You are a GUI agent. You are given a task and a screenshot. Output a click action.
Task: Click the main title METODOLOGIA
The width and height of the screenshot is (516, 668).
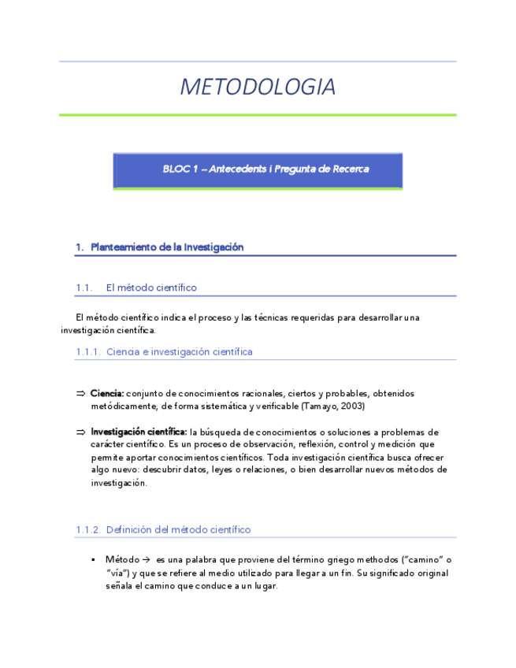tap(258, 87)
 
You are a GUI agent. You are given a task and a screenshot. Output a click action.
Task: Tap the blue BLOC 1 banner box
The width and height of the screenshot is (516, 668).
tap(258, 170)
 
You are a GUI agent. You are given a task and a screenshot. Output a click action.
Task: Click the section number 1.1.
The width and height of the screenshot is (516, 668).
tap(84, 288)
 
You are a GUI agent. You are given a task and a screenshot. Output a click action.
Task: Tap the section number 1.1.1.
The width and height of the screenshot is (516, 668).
tap(87, 352)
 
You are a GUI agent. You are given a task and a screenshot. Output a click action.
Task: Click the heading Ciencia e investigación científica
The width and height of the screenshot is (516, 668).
tap(179, 352)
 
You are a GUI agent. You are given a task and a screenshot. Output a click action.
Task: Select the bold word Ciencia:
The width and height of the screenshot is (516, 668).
tap(107, 393)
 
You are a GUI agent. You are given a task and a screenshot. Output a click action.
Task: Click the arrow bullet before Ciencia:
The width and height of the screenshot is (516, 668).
tap(80, 393)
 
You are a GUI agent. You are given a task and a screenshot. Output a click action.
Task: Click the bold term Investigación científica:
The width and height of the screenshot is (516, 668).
tap(139, 432)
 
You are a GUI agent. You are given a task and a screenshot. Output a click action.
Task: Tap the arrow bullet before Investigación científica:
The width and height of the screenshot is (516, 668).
tap(80, 432)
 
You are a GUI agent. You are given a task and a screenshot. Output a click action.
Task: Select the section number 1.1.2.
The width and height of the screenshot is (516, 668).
tap(87, 530)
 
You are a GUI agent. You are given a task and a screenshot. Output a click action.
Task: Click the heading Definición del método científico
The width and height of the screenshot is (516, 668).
tap(178, 530)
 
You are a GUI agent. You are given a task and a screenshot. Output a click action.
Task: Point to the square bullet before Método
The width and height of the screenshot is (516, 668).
tap(93, 559)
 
